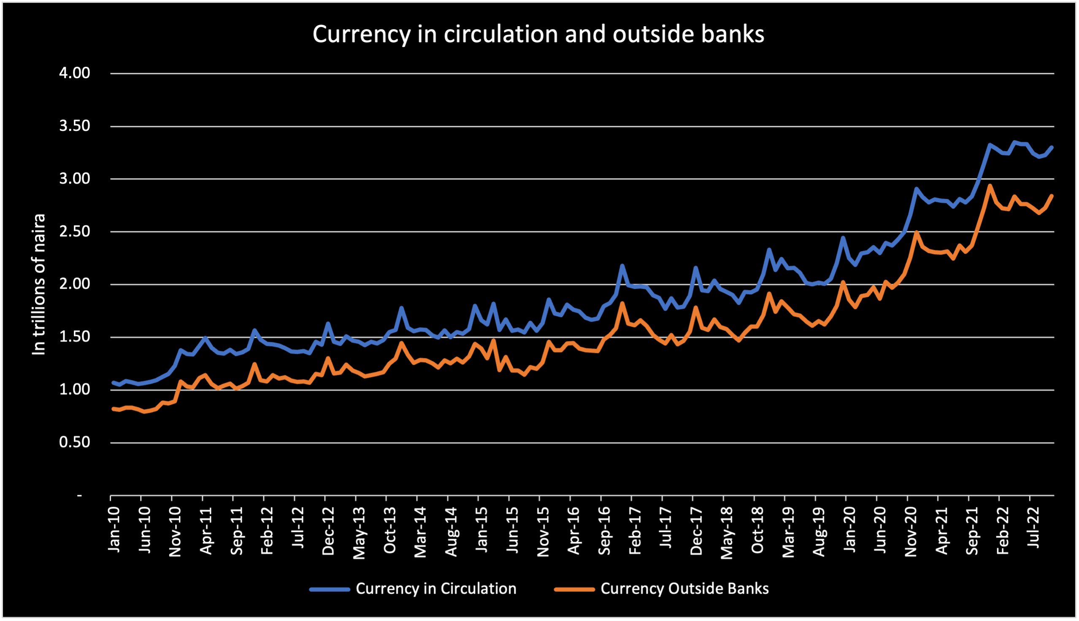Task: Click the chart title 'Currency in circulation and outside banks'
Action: (x=538, y=34)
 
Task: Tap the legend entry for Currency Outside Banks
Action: (x=684, y=588)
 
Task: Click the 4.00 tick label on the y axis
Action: (x=75, y=73)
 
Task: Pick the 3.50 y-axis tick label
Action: (x=75, y=126)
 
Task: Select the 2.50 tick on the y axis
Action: (x=75, y=232)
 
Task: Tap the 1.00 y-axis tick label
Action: (x=75, y=389)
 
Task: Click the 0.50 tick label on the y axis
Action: (x=75, y=442)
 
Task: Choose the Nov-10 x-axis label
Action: (x=175, y=532)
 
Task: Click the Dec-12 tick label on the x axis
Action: (x=328, y=531)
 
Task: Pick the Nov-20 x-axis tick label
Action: (x=911, y=532)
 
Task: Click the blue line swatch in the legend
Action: (x=330, y=589)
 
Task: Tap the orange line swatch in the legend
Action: (x=574, y=589)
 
